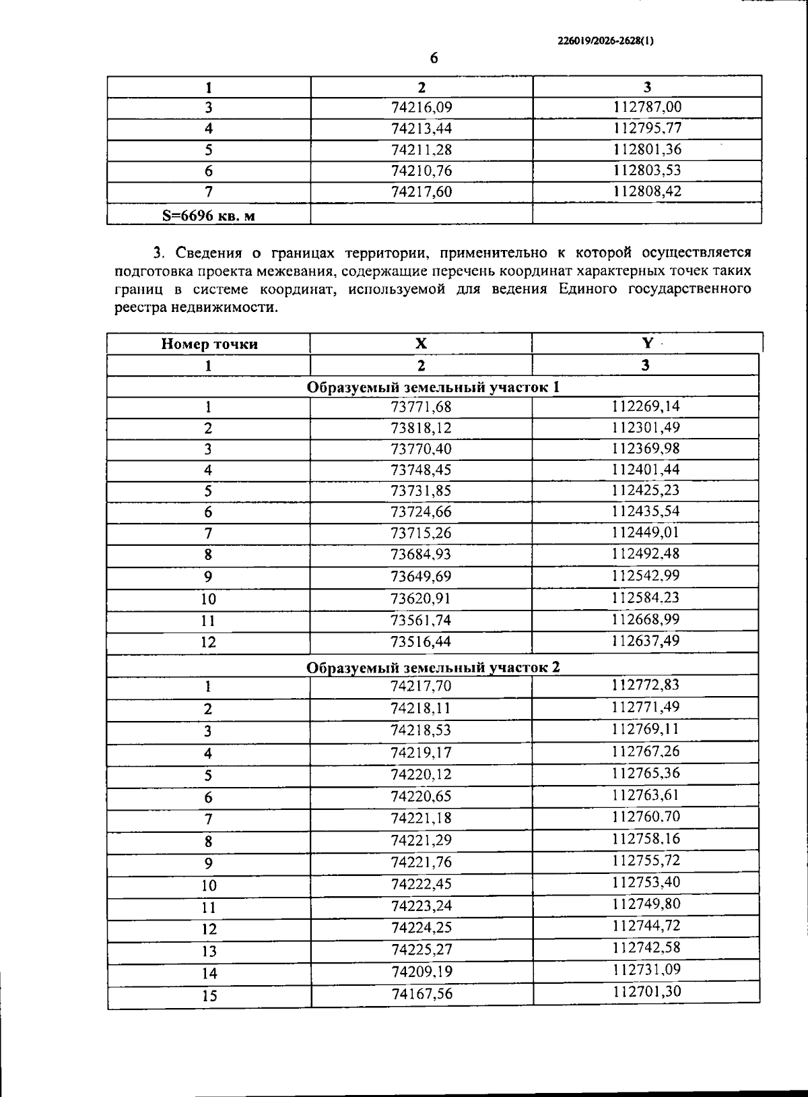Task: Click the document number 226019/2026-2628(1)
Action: (x=605, y=40)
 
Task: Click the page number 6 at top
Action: (x=434, y=58)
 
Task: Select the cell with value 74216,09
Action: (x=421, y=107)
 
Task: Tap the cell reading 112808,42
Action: (x=647, y=191)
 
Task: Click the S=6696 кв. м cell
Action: (x=209, y=216)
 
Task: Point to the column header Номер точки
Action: (x=209, y=344)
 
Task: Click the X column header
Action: (x=421, y=344)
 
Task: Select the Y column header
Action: (x=646, y=343)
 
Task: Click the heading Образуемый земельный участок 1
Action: (x=433, y=387)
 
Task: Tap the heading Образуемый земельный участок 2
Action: (x=433, y=667)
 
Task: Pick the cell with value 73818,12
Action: (x=421, y=428)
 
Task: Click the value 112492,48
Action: (x=646, y=554)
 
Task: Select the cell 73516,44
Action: (x=421, y=641)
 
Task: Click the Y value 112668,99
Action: (x=646, y=619)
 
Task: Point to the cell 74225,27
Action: (x=422, y=949)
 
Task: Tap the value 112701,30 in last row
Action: (x=646, y=991)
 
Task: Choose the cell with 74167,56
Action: (x=422, y=994)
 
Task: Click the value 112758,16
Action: (x=646, y=839)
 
